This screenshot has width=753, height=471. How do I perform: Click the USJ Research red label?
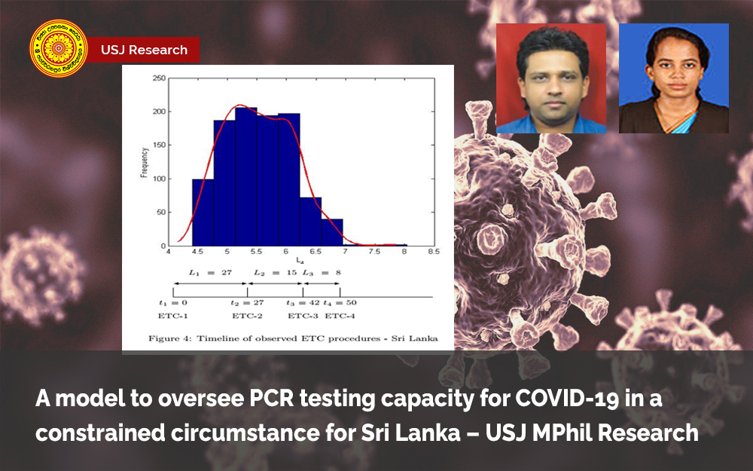[x=144, y=50]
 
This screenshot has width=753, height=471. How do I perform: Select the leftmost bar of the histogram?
[x=203, y=213]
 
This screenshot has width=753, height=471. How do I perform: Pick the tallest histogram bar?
[x=246, y=177]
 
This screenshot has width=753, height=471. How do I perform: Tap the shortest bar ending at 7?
[x=332, y=233]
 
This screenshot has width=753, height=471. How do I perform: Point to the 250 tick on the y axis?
[x=159, y=78]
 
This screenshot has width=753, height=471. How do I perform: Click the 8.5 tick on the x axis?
[x=432, y=252]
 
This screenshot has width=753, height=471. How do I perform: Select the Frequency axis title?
[x=144, y=162]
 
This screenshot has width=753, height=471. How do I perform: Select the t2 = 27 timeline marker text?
[x=246, y=304]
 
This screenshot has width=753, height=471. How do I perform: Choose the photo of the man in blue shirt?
[x=551, y=78]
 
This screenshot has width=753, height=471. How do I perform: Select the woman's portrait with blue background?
[x=674, y=78]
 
